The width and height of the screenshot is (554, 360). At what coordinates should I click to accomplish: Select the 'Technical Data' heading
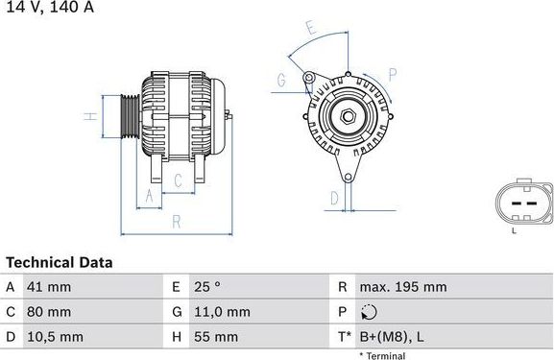pyautogui.click(x=60, y=262)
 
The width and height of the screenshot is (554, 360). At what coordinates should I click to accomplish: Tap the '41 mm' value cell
pyautogui.click(x=50, y=287)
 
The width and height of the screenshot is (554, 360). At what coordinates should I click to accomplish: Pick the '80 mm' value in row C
pyautogui.click(x=50, y=312)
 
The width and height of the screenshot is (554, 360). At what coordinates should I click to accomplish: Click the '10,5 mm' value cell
pyautogui.click(x=55, y=337)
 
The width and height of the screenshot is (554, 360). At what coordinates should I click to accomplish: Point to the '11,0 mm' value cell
pyautogui.click(x=221, y=312)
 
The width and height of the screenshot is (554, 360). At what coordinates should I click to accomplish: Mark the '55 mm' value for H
pyautogui.click(x=216, y=337)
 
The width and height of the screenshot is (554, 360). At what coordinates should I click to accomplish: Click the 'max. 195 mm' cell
pyautogui.click(x=403, y=287)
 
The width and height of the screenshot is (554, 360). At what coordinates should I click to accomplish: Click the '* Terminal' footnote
pyautogui.click(x=382, y=355)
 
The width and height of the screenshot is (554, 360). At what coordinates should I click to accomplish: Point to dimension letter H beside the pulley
pyautogui.click(x=88, y=117)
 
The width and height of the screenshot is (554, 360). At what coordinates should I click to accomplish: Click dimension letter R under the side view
pyautogui.click(x=177, y=221)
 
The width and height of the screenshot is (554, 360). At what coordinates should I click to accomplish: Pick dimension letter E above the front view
pyautogui.click(x=309, y=29)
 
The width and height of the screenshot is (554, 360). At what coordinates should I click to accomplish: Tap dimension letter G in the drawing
pyautogui.click(x=281, y=79)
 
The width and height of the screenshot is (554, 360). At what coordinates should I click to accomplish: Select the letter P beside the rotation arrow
pyautogui.click(x=393, y=73)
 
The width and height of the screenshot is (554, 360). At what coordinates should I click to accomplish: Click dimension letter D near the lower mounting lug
pyautogui.click(x=334, y=198)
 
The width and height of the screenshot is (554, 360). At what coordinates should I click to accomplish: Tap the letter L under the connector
pyautogui.click(x=514, y=230)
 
